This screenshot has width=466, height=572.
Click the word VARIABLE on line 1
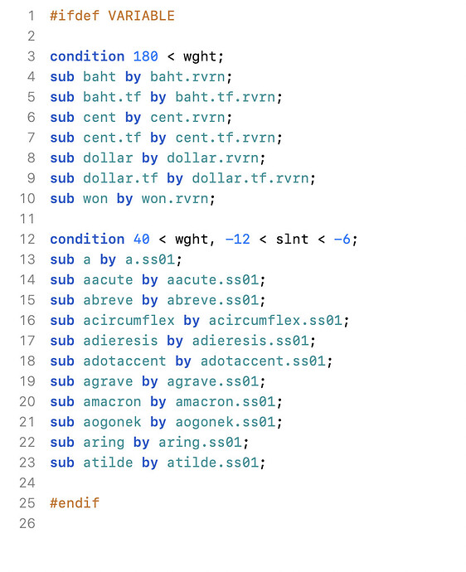pos(141,16)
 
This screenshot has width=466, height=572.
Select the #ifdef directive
pos(75,16)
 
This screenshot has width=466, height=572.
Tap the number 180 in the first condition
pos(146,56)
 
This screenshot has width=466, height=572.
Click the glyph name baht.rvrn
pos(187,76)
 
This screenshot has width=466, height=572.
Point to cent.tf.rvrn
pos(226,138)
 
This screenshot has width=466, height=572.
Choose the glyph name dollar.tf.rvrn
pos(250,178)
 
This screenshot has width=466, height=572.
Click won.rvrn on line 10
pos(175,198)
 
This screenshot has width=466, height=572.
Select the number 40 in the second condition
pos(142,239)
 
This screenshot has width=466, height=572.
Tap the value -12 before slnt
pos(238,239)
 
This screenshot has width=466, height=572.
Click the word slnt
pos(292,239)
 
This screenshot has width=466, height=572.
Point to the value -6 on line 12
pos(342,239)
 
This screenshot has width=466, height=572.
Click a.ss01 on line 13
pos(150,259)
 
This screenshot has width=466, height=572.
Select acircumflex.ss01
pos(275,320)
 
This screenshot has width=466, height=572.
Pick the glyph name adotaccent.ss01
pos(263,361)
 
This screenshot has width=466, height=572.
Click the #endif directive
pos(75,502)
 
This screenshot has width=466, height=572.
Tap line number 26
pos(27,523)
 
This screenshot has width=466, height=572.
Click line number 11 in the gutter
pos(27,219)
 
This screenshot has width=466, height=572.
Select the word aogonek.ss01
pos(226,422)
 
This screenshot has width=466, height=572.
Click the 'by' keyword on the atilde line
pos(149,463)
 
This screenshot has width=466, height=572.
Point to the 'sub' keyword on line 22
pos(62,442)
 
